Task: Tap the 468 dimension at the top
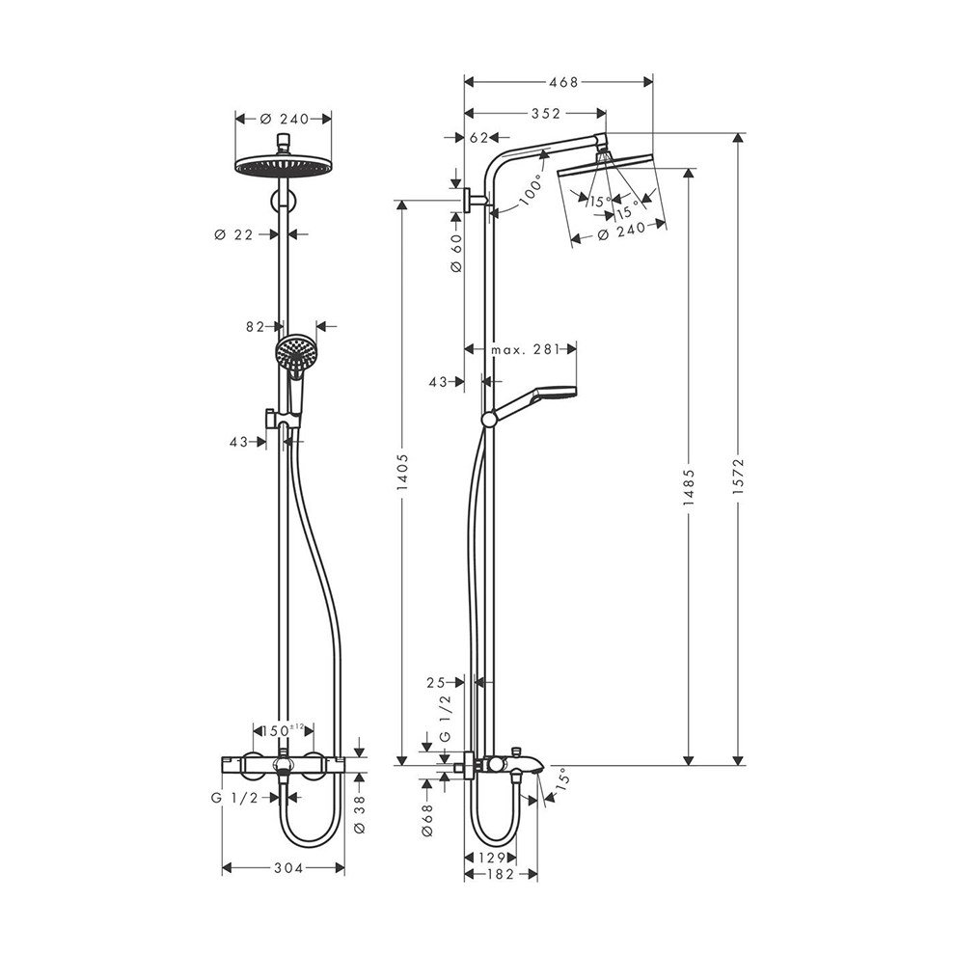pyautogui.click(x=558, y=82)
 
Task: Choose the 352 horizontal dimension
pyautogui.click(x=544, y=113)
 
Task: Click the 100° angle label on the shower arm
pyautogui.click(x=530, y=194)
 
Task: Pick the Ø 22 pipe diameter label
pyautogui.click(x=236, y=233)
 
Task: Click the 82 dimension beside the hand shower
pyautogui.click(x=255, y=327)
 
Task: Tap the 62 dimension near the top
pyautogui.click(x=479, y=138)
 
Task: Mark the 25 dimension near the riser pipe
pyautogui.click(x=436, y=682)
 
